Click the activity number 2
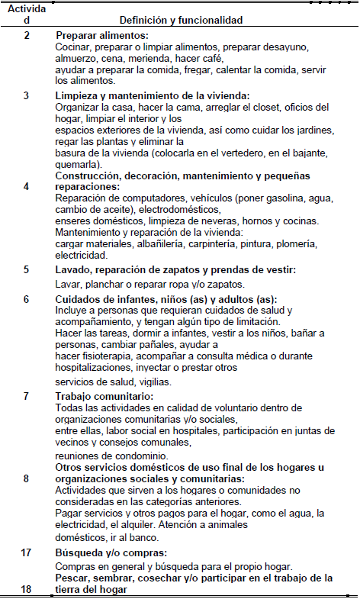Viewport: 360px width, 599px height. tap(27, 36)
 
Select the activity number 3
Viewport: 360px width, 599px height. tap(27, 95)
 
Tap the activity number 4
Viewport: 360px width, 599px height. tap(27, 185)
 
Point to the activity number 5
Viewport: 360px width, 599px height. tap(27, 269)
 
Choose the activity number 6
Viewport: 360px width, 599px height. tap(27, 299)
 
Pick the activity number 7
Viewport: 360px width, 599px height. tap(27, 397)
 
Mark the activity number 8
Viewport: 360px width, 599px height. tap(27, 478)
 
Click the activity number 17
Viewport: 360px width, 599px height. tap(27, 552)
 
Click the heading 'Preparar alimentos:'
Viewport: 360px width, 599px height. tap(102, 36)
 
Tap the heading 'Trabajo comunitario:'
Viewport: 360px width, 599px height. tap(105, 397)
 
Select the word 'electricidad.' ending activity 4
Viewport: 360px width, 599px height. tap(82, 255)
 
